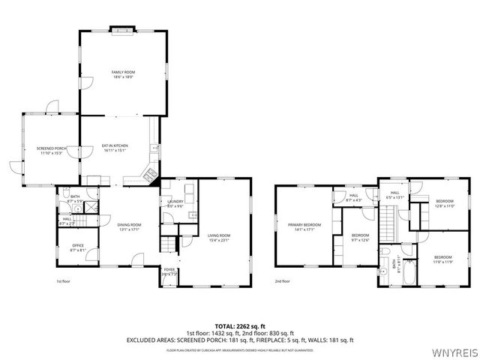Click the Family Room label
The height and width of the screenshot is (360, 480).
(124, 73)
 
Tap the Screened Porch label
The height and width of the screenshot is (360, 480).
(52, 150)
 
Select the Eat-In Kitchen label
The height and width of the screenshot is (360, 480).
(115, 147)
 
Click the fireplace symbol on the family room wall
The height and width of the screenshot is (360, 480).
(121, 31)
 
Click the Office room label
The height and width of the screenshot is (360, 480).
(77, 247)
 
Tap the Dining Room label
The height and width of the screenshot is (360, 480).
(129, 226)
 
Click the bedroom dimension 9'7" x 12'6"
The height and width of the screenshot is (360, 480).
(361, 241)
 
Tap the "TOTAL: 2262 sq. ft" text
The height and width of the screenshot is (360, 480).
(239, 325)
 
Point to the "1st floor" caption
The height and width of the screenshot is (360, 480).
(64, 282)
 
